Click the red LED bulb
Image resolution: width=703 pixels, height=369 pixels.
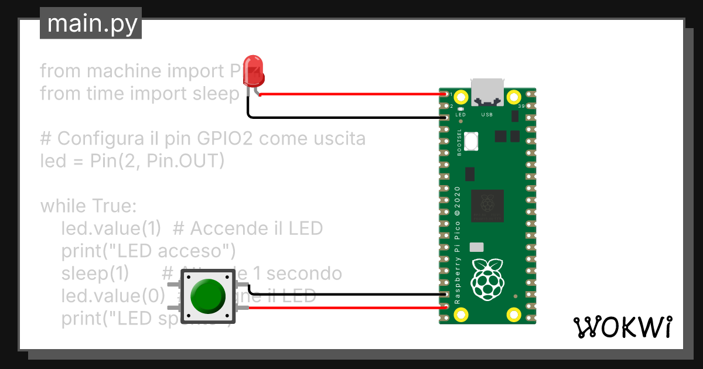tap(254, 70)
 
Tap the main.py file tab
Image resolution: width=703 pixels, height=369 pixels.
tap(91, 24)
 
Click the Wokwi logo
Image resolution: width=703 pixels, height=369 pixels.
tap(622, 326)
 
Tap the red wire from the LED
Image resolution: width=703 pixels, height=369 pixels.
tap(351, 94)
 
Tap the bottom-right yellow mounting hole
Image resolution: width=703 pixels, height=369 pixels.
tap(514, 315)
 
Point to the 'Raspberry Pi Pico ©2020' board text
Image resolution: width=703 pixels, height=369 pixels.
tap(458, 245)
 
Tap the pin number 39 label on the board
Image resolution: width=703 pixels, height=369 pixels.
tap(521, 107)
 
